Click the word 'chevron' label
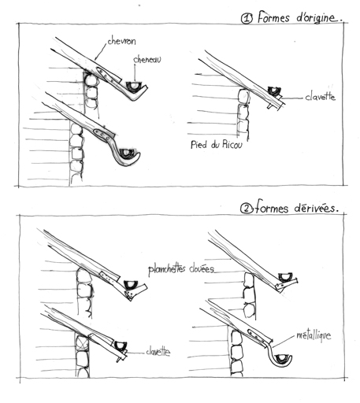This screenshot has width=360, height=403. (122, 42)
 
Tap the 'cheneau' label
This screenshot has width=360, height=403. (147, 60)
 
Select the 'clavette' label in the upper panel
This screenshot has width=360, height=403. (321, 97)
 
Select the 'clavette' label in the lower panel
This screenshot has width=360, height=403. (158, 351)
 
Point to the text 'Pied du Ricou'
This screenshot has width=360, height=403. (217, 145)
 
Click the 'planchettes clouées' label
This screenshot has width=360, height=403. (181, 269)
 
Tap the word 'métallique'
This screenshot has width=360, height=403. (314, 335)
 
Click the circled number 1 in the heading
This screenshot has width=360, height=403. (247, 19)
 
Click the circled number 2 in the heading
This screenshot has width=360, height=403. (247, 209)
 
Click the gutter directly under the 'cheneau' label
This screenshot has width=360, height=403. (135, 87)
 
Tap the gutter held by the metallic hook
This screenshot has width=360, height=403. (282, 358)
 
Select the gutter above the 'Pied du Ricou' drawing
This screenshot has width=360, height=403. (275, 91)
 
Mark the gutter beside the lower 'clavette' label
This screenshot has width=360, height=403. (120, 346)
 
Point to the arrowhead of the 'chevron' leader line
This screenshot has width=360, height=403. (95, 60)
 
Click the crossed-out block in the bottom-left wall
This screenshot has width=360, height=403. (81, 342)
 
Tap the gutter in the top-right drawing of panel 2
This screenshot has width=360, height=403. (285, 277)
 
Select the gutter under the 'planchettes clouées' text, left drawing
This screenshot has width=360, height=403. (131, 285)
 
